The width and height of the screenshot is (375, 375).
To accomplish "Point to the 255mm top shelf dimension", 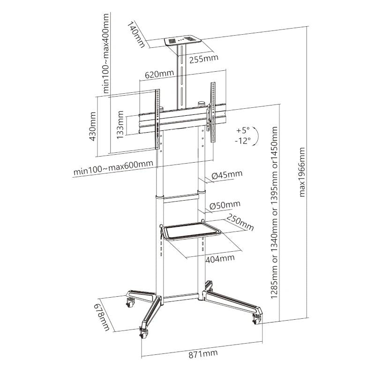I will pos(204,59).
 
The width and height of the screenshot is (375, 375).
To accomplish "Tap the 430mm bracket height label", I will pos(93,127).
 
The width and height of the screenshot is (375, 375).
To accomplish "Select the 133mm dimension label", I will pos(120,126).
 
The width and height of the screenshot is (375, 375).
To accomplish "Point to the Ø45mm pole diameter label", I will pos(227,175).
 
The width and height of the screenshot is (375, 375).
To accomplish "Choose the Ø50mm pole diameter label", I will pos(225,204).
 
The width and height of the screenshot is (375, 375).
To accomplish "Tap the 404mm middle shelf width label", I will pos(219,258).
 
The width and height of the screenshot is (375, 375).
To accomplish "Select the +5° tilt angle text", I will pos(244,130).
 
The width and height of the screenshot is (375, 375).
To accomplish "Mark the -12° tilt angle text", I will pos(243,140).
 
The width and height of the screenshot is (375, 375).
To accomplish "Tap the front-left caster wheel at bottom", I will pos(143,334).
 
